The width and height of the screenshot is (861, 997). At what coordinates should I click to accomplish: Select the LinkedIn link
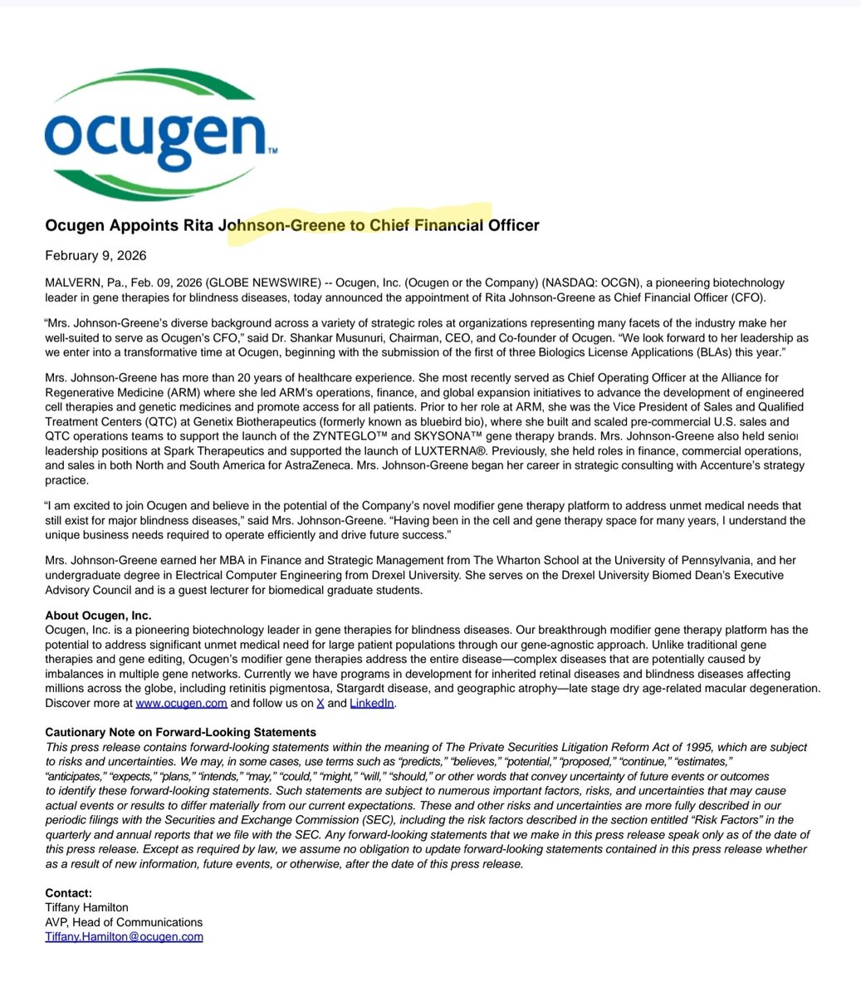tap(371, 703)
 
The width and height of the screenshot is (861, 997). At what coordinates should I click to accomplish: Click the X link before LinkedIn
tap(319, 703)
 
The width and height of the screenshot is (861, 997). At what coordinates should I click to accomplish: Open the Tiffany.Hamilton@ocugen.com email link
tap(124, 936)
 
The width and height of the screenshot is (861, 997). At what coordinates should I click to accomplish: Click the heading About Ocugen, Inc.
tap(98, 616)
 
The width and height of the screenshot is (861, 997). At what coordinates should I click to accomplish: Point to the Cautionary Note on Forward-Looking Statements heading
tap(180, 732)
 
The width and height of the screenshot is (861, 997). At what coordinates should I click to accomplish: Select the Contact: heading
tap(69, 893)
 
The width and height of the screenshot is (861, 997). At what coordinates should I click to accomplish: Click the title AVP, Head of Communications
tap(124, 922)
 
